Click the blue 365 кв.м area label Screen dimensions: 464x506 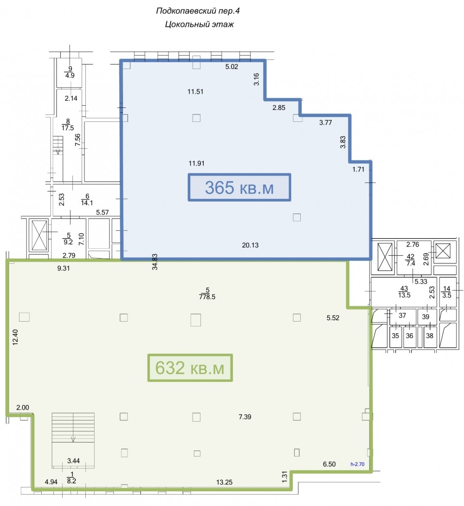point(239,188)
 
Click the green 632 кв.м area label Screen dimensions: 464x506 point(190,368)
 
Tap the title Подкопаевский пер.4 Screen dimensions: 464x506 point(198,11)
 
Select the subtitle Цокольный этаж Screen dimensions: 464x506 point(199,24)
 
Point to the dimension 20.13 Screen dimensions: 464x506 point(250,245)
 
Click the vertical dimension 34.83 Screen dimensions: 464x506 point(155,262)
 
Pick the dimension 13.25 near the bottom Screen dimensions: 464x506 point(224,482)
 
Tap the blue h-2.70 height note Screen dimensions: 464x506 point(357,464)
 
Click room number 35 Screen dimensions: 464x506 point(395,335)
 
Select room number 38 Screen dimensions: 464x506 point(429,335)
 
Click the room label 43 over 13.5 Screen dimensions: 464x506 point(404,292)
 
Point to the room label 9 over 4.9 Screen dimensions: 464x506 point(70,72)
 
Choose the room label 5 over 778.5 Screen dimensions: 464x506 point(207,294)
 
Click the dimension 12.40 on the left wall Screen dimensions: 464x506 point(15,337)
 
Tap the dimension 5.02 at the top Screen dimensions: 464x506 point(232,67)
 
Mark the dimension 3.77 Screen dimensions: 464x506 point(325,123)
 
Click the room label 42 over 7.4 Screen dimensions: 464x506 point(410,260)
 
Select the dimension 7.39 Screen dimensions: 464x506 point(245,417)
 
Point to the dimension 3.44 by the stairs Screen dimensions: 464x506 point(73,461)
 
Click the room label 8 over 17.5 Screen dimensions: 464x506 point(68,125)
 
